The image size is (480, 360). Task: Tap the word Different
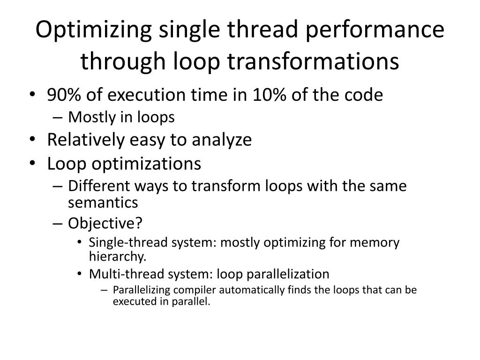click(96, 186)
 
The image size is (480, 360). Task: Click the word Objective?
click(105, 224)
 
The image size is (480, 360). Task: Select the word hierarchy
click(117, 257)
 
